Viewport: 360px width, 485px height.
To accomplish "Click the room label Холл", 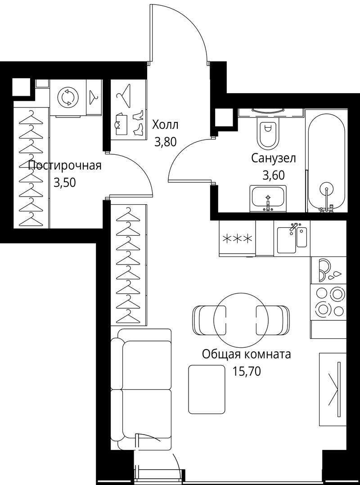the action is [165, 125].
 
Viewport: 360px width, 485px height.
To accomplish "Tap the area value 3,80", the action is [165, 142].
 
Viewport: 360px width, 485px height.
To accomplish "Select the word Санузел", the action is [274, 158].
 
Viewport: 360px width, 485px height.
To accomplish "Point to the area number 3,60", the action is [274, 175].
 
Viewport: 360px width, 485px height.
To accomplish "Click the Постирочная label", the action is [65, 166].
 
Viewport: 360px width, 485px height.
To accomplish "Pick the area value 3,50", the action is [65, 183].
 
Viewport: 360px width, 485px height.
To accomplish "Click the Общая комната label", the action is [247, 354].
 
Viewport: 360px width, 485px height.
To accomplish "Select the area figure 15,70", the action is [247, 371].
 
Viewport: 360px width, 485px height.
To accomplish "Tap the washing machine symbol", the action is [68, 98].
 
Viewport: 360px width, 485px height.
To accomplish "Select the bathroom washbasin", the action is [268, 199].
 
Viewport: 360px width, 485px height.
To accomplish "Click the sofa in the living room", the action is [141, 389].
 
